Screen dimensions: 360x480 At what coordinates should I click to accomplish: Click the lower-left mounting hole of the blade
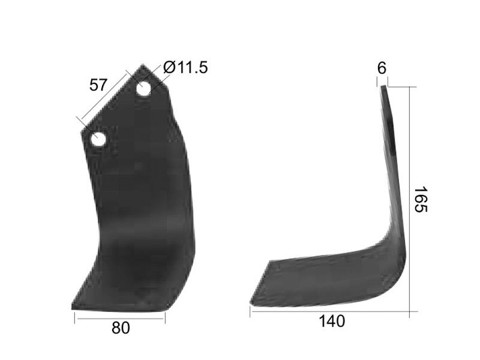pyautogui.click(x=98, y=140)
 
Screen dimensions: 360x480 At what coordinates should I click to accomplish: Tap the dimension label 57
pyautogui.click(x=98, y=85)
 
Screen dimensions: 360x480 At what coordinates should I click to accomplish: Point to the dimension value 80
pyautogui.click(x=120, y=328)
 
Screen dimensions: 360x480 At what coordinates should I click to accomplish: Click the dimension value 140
pyautogui.click(x=332, y=322)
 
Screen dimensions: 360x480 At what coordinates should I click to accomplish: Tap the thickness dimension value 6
pyautogui.click(x=382, y=68)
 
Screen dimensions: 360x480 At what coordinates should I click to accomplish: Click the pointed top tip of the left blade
pyautogui.click(x=143, y=65)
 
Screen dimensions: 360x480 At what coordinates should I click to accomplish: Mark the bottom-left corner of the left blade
pyautogui.click(x=73, y=308)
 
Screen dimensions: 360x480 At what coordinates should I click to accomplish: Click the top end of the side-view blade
pyautogui.click(x=383, y=88)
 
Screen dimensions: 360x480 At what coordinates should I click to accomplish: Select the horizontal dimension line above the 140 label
pyautogui.click(x=329, y=311)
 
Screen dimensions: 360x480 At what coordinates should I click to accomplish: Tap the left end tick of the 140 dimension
pyautogui.click(x=250, y=311)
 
